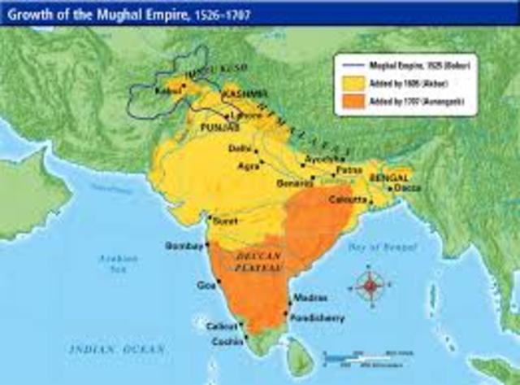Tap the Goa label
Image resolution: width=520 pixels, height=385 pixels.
pos(203,285)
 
